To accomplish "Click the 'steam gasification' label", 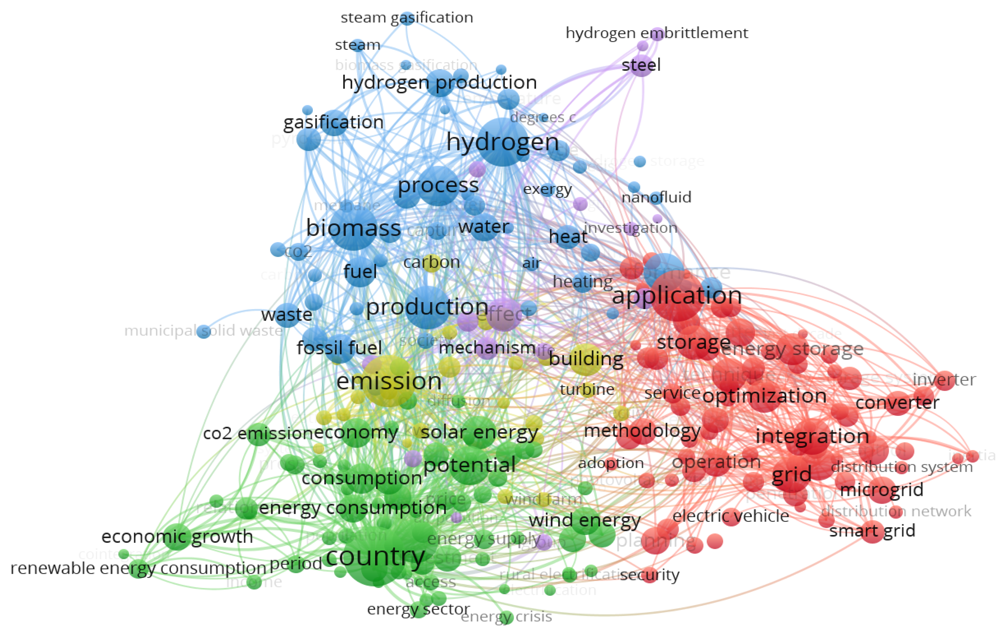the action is pyautogui.click(x=406, y=18).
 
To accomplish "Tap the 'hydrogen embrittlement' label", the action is pyautogui.click(x=657, y=33).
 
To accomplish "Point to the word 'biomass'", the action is pyautogui.click(x=353, y=228).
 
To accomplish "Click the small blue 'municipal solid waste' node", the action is pyautogui.click(x=204, y=332).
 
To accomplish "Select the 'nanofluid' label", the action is pyautogui.click(x=656, y=198).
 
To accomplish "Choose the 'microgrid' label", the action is pyautogui.click(x=881, y=490).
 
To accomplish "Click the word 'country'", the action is pyautogui.click(x=375, y=556).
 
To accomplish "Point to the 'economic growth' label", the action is pyautogui.click(x=177, y=537).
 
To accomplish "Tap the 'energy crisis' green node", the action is pyautogui.click(x=506, y=617).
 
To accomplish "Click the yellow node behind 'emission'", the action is pyautogui.click(x=389, y=381).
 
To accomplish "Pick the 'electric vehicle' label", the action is pyautogui.click(x=730, y=516).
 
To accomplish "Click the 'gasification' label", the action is pyautogui.click(x=333, y=122).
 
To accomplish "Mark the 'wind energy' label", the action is pyautogui.click(x=585, y=521).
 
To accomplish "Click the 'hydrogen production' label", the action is pyautogui.click(x=439, y=82).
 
